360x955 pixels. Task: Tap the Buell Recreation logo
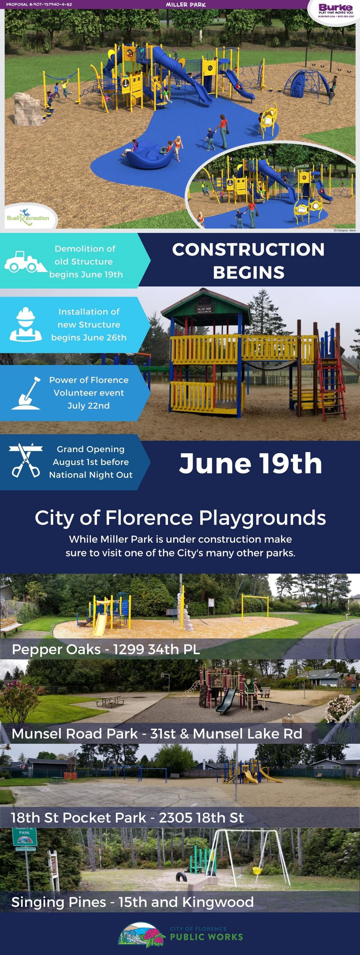tap(28, 217)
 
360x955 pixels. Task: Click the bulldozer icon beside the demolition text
tap(21, 262)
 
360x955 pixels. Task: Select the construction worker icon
tap(25, 324)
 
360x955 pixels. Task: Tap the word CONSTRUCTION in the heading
tap(248, 249)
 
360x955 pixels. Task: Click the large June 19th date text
tap(250, 463)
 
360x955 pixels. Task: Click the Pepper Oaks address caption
tap(106, 649)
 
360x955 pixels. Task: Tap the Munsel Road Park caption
tap(157, 733)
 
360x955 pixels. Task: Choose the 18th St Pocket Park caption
tap(127, 818)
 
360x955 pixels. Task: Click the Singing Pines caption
tap(132, 902)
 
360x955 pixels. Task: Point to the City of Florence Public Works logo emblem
tap(141, 933)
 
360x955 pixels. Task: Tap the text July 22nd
tap(88, 405)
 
